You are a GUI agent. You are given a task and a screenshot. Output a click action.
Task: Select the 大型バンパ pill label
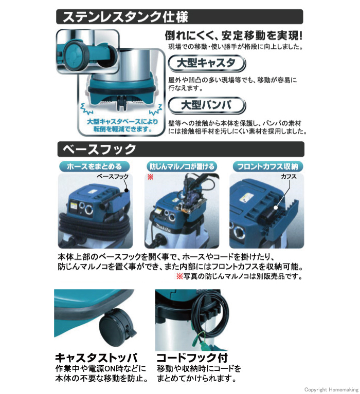coord(207,105)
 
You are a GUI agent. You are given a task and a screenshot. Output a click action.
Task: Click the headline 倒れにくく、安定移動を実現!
coord(233,36)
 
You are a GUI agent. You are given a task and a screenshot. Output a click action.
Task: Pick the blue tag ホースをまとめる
coord(94,166)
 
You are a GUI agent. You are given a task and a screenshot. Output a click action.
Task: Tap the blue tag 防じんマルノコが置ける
coord(182,166)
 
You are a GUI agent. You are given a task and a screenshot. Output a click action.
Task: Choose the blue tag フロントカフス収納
coord(268,166)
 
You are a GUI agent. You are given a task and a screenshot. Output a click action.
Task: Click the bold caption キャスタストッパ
coord(96,357)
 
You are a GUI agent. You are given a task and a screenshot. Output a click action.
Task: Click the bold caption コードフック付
coord(192,357)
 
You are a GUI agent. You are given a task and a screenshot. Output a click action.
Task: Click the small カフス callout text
coord(289,176)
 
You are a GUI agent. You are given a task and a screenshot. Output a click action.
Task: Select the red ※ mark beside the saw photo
coord(150,177)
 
